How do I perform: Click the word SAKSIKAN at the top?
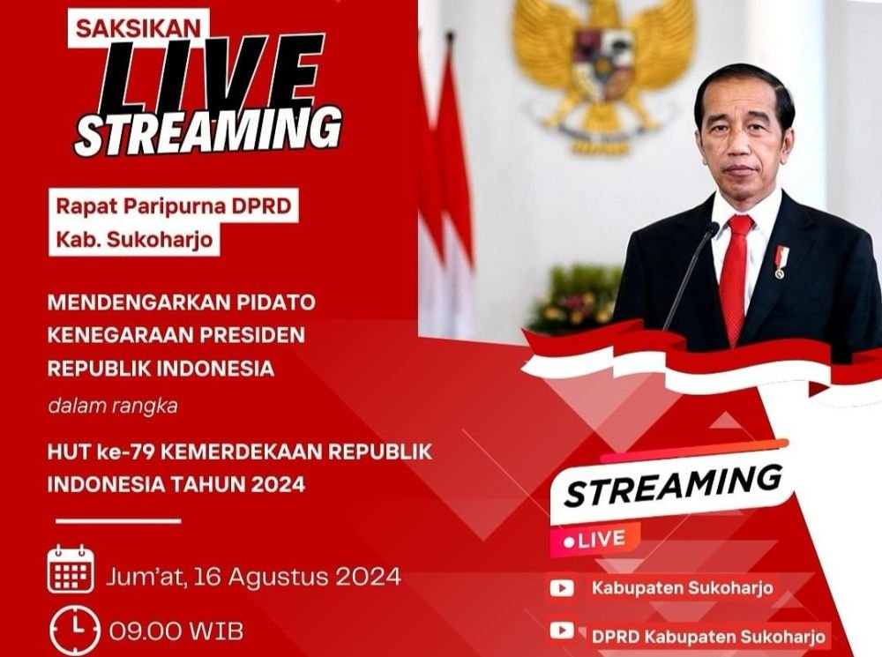coord(138,28)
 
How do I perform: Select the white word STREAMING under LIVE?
coord(209,130)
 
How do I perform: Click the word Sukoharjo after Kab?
coord(160,240)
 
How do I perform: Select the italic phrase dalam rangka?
coord(113,406)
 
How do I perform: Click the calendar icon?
coord(71,569)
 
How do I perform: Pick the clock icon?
coord(75,630)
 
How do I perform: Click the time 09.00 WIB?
coord(176,631)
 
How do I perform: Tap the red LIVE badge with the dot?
coord(595,541)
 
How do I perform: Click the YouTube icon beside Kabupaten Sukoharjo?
coord(562,588)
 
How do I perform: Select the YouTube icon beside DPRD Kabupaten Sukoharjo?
coord(562,631)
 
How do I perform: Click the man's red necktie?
coord(736,277)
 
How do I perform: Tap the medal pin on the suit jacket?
coord(781,262)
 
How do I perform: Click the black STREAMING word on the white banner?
coord(673,485)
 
